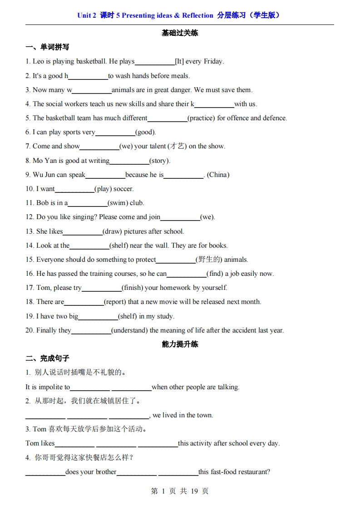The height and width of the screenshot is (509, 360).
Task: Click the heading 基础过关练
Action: pyautogui.click(x=180, y=33)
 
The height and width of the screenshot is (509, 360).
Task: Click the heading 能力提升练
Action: pyautogui.click(x=180, y=344)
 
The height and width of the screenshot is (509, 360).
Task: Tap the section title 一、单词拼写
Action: pyautogui.click(x=47, y=47)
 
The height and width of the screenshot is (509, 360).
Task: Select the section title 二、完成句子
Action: pyautogui.click(x=47, y=358)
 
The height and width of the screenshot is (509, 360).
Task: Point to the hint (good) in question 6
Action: pyautogui.click(x=145, y=132)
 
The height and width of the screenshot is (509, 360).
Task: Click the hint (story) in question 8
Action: pyautogui.click(x=160, y=161)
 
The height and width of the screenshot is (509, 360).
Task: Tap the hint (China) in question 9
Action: pyautogui.click(x=218, y=175)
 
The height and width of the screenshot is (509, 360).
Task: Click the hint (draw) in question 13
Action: pyautogui.click(x=112, y=231)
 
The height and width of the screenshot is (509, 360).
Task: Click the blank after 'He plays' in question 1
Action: pyautogui.click(x=154, y=62)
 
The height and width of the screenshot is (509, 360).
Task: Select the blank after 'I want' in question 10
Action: pyautogui.click(x=74, y=190)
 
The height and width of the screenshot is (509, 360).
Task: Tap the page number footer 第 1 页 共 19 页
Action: pyautogui.click(x=180, y=491)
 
